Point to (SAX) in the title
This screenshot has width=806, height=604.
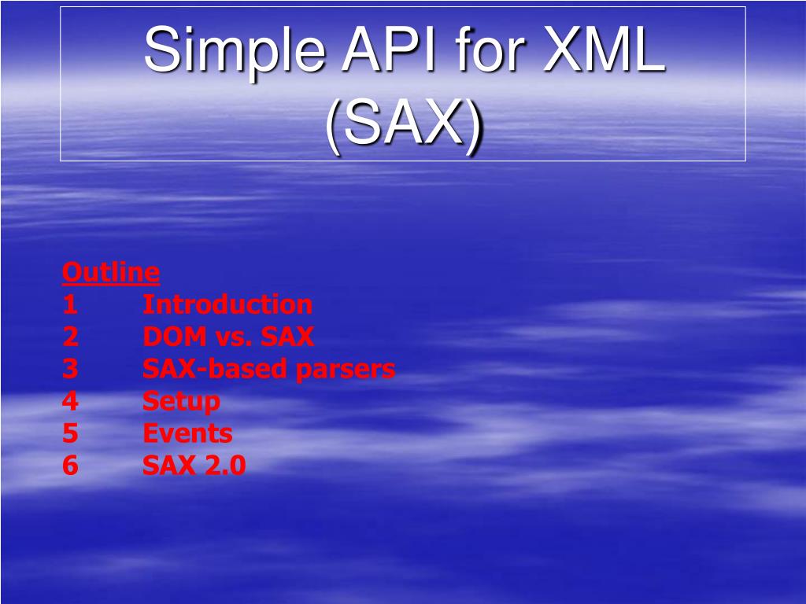click(404, 125)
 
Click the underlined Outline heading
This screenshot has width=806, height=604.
click(111, 272)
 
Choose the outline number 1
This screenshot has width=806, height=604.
click(70, 304)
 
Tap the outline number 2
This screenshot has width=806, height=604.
click(70, 337)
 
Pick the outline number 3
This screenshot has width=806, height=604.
click(70, 369)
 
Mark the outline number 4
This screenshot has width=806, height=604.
click(70, 401)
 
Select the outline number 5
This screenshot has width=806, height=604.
click(70, 433)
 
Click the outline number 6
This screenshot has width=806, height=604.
click(70, 466)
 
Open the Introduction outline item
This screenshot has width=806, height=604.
click(227, 304)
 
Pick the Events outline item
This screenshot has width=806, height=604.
click(187, 433)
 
